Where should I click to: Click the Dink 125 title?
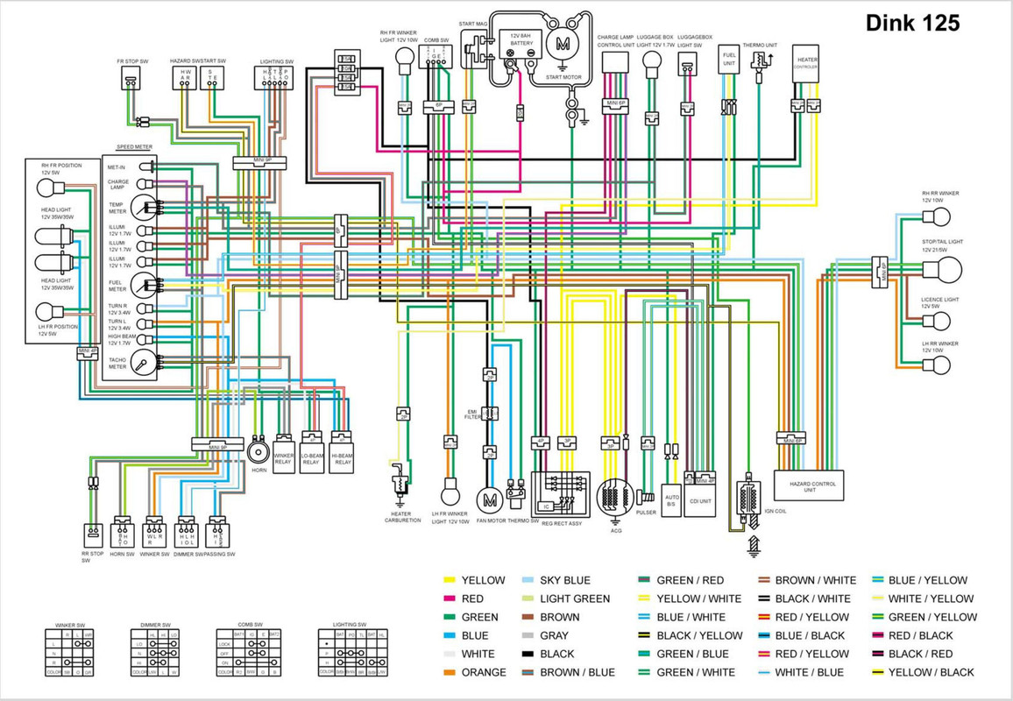[912, 23]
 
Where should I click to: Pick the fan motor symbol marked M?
[489, 499]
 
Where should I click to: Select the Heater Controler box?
[806, 65]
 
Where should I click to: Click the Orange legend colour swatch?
[450, 672]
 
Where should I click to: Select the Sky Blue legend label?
[564, 580]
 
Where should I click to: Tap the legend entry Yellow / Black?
[931, 672]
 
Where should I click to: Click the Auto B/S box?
[671, 499]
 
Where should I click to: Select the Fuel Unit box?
[728, 60]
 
